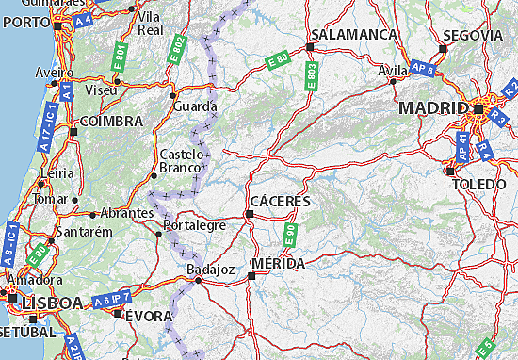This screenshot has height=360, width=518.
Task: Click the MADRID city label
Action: [433, 108]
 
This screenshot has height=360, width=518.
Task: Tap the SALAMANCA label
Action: [354, 33]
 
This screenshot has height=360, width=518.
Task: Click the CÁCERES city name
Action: [282, 202]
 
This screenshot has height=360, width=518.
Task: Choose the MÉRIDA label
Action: [278, 264]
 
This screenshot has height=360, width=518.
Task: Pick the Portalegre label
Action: [194, 225]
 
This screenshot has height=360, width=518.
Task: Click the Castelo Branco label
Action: [182, 160]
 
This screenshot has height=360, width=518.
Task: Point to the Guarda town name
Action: [195, 106]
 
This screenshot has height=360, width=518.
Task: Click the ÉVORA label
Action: [149, 315]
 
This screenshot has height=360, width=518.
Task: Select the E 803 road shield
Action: [311, 73]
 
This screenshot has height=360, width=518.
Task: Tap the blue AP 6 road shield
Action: [423, 69]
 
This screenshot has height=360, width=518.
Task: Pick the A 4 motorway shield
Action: [84, 16]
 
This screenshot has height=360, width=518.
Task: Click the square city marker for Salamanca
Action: [310, 45]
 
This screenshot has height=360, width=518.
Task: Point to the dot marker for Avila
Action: [393, 81]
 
